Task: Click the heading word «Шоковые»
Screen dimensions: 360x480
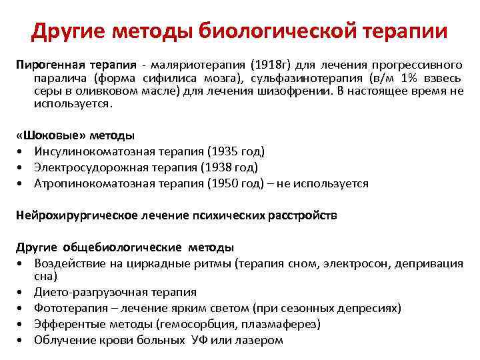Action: click(x=46, y=135)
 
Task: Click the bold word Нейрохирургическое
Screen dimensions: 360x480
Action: click(x=77, y=215)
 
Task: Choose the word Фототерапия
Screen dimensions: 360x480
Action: click(x=68, y=308)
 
